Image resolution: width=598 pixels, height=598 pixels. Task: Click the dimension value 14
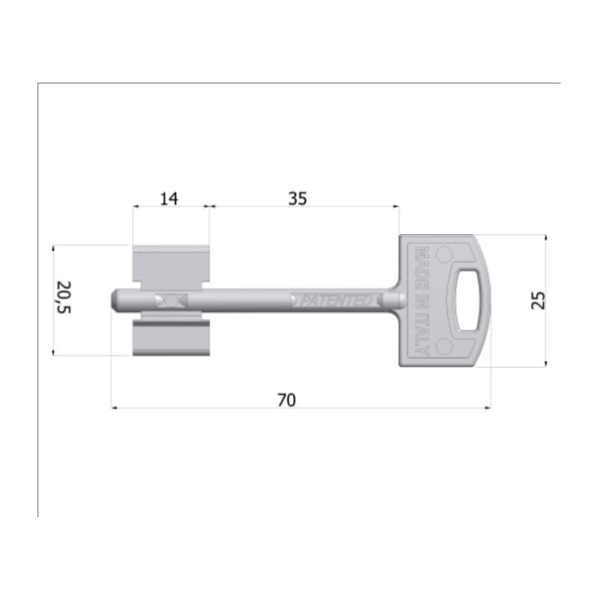(x=169, y=199)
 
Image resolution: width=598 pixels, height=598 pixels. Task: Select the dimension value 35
(x=298, y=199)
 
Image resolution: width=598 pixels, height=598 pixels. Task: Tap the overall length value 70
(x=286, y=400)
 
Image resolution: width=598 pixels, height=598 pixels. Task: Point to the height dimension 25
(x=538, y=300)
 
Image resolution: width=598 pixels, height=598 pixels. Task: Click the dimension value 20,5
(x=64, y=298)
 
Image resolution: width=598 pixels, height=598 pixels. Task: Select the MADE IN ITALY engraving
(x=422, y=301)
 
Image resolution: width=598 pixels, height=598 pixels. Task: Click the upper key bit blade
(x=171, y=268)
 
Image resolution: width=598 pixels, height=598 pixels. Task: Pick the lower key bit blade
(x=171, y=334)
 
